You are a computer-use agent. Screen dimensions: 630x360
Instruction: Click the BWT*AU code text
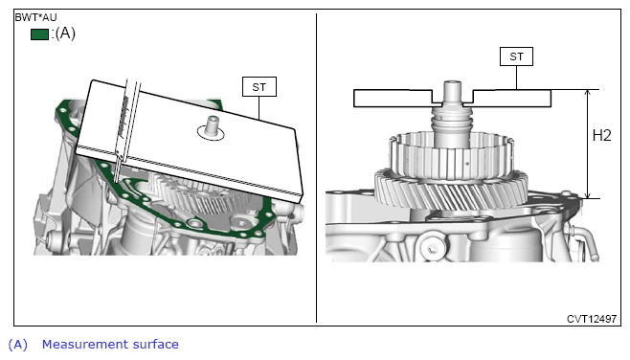pyautogui.click(x=35, y=17)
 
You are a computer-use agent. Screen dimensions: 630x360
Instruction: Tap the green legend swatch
pyautogui.click(x=39, y=34)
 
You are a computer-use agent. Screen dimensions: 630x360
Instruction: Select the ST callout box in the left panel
pyautogui.click(x=259, y=87)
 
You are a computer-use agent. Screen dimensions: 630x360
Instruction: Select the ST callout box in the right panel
pyautogui.click(x=516, y=56)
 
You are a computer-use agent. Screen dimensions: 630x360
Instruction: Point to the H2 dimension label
pyautogui.click(x=601, y=136)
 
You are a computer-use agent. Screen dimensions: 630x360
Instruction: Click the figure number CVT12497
pyautogui.click(x=592, y=319)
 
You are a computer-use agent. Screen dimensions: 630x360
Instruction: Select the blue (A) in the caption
pyautogui.click(x=17, y=345)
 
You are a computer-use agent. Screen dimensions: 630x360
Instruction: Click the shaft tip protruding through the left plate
pyautogui.click(x=212, y=126)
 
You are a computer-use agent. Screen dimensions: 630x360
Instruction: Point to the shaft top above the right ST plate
pyautogui.click(x=452, y=93)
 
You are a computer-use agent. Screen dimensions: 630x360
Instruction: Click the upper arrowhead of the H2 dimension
pyautogui.click(x=588, y=93)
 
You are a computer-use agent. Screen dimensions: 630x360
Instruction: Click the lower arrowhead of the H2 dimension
pyautogui.click(x=588, y=194)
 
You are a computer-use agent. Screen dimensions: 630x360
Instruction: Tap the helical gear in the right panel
pyautogui.click(x=451, y=190)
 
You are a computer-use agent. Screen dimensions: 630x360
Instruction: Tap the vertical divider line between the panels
pyautogui.click(x=316, y=168)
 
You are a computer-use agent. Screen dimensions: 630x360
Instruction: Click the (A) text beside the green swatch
pyautogui.click(x=65, y=33)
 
